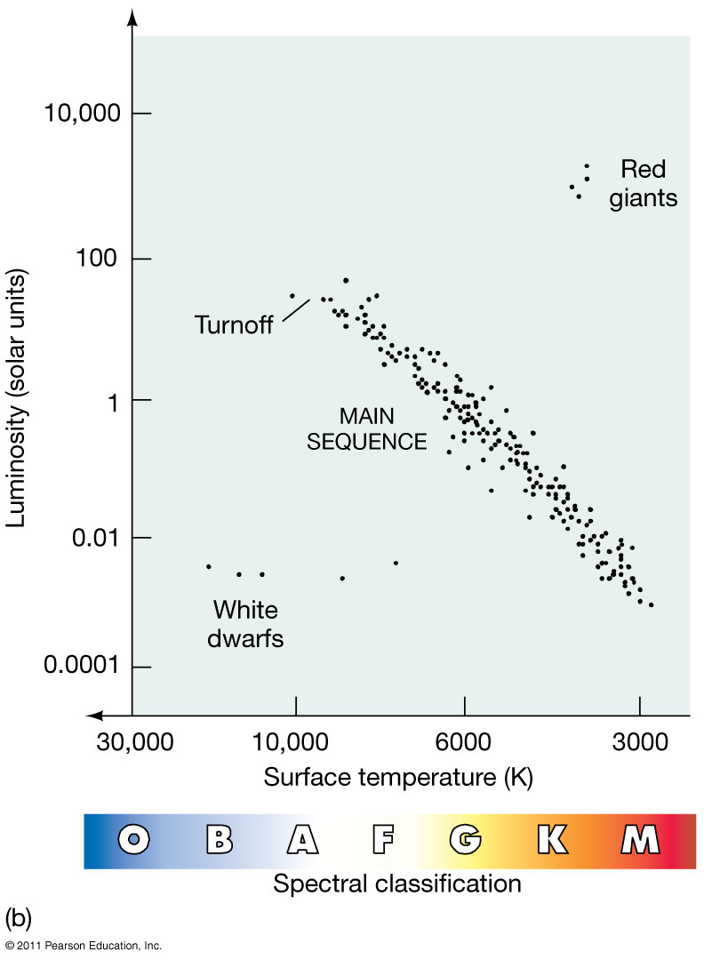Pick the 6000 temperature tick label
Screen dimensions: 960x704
point(465,743)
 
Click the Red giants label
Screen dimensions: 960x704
point(643,183)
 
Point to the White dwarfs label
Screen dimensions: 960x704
point(246,624)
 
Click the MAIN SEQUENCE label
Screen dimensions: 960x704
point(367,428)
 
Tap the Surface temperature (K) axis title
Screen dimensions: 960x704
point(398,778)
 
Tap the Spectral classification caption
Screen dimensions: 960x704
point(396,884)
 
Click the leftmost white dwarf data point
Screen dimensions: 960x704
point(208,566)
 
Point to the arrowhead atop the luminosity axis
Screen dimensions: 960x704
point(132,18)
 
